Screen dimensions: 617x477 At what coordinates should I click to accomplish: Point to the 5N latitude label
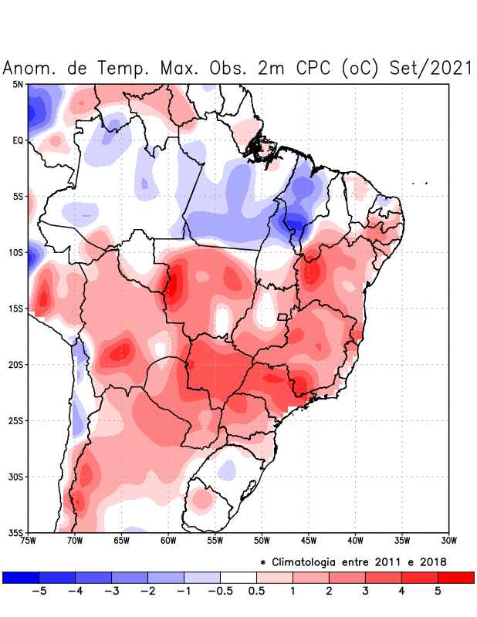(x=18, y=84)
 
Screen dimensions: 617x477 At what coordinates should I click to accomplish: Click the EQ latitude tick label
(x=18, y=140)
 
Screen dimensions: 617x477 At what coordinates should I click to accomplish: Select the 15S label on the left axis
(x=15, y=308)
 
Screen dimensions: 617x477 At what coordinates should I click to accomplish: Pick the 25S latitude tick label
(x=15, y=420)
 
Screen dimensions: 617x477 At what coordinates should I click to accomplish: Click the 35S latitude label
(x=15, y=532)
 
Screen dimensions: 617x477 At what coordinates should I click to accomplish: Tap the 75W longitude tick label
(x=29, y=541)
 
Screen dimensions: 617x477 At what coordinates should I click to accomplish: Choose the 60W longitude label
(x=167, y=541)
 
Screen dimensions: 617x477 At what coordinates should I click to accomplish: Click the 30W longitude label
(x=448, y=541)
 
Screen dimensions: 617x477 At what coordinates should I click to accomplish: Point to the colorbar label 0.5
(x=256, y=592)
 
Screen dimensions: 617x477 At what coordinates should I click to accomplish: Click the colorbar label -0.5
(x=220, y=592)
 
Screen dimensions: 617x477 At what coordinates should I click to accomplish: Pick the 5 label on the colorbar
(x=438, y=592)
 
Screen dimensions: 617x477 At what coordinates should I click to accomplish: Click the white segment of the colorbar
(x=238, y=577)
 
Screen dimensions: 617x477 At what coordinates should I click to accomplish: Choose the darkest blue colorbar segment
(x=21, y=577)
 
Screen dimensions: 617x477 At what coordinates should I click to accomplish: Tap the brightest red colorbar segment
(x=455, y=577)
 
